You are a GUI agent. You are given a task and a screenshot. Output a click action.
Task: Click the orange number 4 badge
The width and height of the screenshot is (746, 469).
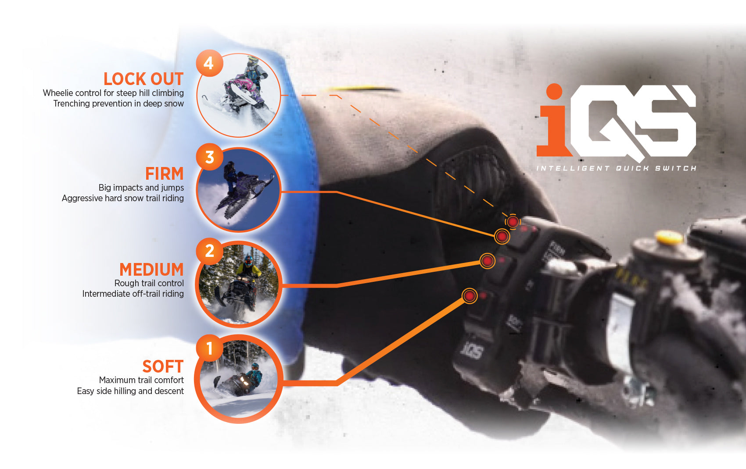click(209, 64)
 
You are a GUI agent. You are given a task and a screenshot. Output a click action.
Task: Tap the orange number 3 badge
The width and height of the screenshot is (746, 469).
click(209, 157)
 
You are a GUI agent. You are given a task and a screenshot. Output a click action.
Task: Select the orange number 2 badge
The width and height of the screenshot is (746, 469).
click(209, 251)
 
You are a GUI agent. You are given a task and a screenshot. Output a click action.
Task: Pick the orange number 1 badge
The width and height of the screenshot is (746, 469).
click(209, 348)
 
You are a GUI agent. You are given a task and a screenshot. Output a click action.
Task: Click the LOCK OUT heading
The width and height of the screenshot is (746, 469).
click(143, 79)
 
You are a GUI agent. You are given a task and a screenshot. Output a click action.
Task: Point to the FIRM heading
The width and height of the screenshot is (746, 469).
click(165, 174)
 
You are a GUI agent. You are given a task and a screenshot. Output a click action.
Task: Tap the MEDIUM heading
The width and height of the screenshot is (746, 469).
click(151, 270)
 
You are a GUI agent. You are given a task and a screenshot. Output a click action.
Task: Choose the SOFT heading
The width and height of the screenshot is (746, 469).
click(163, 366)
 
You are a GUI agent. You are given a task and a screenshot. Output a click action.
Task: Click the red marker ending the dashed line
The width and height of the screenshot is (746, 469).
click(513, 222)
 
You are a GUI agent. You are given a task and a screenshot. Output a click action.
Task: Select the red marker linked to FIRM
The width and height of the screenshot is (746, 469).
click(502, 237)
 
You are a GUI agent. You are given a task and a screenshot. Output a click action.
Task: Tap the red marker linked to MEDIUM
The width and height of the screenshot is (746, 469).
click(487, 261)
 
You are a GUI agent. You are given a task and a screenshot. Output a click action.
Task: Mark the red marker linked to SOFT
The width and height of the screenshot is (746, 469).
click(470, 296)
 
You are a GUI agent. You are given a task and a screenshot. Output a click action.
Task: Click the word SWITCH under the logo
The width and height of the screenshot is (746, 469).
click(676, 168)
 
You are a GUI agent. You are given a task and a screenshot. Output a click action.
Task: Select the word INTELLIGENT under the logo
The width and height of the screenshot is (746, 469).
click(573, 168)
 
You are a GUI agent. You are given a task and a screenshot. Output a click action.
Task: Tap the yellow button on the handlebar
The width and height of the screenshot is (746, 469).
click(669, 238)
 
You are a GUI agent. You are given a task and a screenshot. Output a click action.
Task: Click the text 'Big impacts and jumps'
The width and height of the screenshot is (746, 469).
click(141, 188)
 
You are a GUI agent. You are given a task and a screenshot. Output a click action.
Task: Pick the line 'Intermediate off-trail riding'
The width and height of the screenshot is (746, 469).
click(133, 294)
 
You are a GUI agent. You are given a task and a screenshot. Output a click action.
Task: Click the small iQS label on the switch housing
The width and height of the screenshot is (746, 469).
click(472, 351)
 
